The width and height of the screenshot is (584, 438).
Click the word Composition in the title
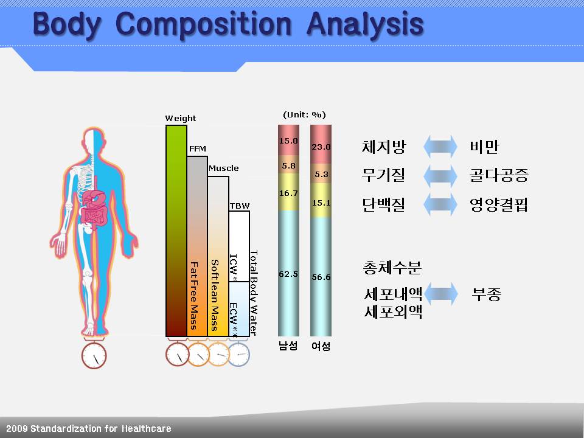[203, 24]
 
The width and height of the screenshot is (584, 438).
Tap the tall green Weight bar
[176, 231]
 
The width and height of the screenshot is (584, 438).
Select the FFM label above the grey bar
[197, 148]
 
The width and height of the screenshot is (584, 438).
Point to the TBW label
[240, 206]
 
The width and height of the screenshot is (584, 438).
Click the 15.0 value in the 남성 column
[288, 141]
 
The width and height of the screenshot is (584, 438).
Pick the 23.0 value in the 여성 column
[321, 147]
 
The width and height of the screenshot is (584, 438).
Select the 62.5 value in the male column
[288, 274]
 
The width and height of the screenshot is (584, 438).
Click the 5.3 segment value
[321, 175]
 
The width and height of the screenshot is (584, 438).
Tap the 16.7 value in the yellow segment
[288, 193]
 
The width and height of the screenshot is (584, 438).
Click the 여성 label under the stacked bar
[321, 346]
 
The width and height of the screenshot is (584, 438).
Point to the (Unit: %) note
[304, 115]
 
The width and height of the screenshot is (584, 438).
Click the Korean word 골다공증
[499, 175]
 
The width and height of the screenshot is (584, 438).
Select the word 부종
[487, 294]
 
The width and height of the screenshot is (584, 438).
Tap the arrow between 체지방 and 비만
[440, 147]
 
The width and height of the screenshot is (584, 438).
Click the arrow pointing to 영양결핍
[440, 204]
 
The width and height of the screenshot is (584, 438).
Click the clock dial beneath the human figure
[94, 356]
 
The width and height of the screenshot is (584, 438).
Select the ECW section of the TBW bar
[238, 309]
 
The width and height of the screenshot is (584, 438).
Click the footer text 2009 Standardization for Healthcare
[89, 428]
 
